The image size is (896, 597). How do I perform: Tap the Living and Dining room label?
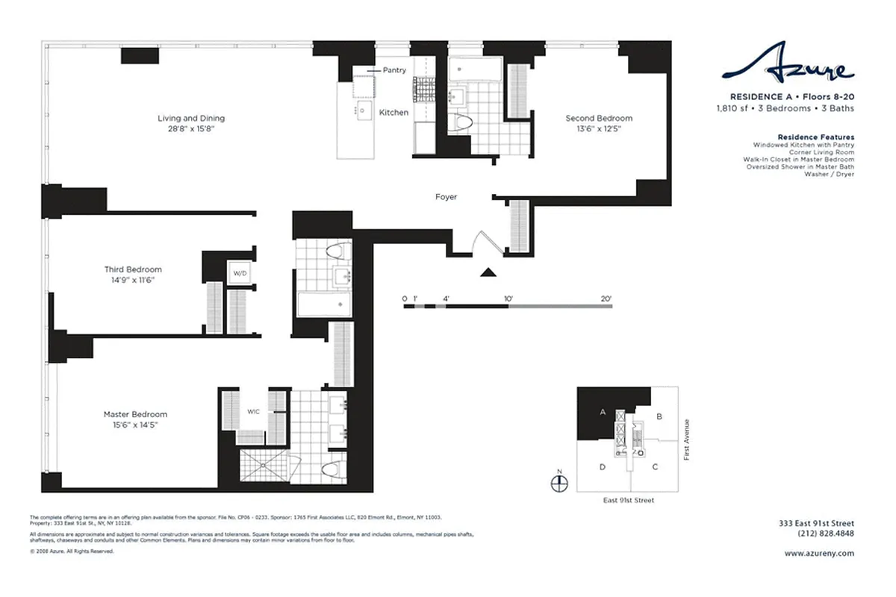click(x=191, y=119)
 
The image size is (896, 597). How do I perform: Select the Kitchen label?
click(x=393, y=113)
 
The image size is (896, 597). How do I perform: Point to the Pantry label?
click(x=394, y=70)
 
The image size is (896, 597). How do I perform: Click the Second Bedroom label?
click(x=598, y=119)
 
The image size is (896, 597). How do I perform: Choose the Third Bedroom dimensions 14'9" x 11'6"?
click(x=133, y=281)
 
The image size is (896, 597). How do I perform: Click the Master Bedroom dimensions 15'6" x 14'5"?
click(x=135, y=425)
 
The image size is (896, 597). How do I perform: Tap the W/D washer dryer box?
click(x=240, y=272)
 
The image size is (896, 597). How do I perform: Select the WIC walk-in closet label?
click(x=254, y=411)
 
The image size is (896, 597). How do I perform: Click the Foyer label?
click(x=446, y=197)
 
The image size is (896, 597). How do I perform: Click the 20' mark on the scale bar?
click(x=606, y=299)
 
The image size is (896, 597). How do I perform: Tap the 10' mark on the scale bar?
click(x=508, y=299)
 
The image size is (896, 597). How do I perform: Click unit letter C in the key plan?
click(x=655, y=467)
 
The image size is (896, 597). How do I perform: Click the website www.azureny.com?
click(x=819, y=554)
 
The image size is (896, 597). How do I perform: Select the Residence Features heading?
click(x=815, y=137)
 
